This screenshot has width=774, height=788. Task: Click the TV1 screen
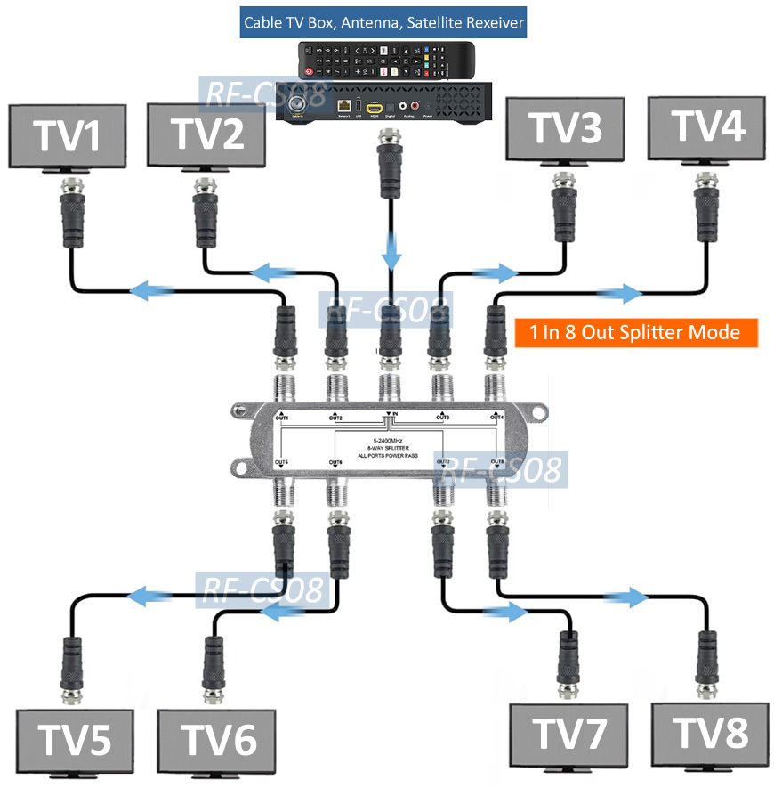click(x=68, y=136)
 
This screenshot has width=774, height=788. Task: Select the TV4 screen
click(x=706, y=127)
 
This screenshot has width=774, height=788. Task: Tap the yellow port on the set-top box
click(x=375, y=105)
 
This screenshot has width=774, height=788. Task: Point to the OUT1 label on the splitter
click(x=282, y=417)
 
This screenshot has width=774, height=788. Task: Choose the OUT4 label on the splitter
click(x=496, y=417)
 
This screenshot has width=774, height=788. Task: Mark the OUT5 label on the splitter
click(x=282, y=462)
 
